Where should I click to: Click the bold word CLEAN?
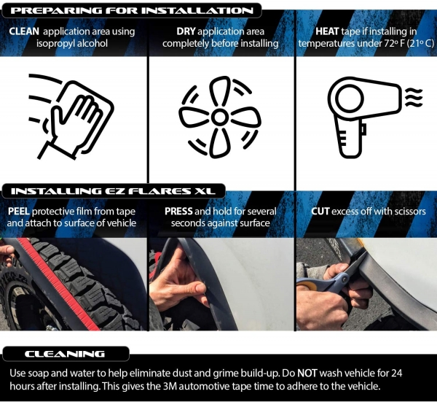(x=24, y=31)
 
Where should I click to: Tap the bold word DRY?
(x=186, y=31)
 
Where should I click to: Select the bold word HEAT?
(x=327, y=31)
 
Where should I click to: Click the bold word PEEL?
(x=19, y=212)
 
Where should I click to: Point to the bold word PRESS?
(x=178, y=212)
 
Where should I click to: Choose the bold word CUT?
(x=320, y=212)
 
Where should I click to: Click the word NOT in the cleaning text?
(x=307, y=373)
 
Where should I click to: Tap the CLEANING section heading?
(x=65, y=354)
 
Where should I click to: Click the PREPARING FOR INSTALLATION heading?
(x=132, y=11)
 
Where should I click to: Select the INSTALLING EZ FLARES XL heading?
(x=113, y=191)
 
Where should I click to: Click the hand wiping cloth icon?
(x=71, y=117)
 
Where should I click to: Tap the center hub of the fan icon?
(x=220, y=117)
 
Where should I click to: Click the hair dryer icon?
(x=366, y=117)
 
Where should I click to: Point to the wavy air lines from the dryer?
(x=414, y=97)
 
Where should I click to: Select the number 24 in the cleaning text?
(x=397, y=373)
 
